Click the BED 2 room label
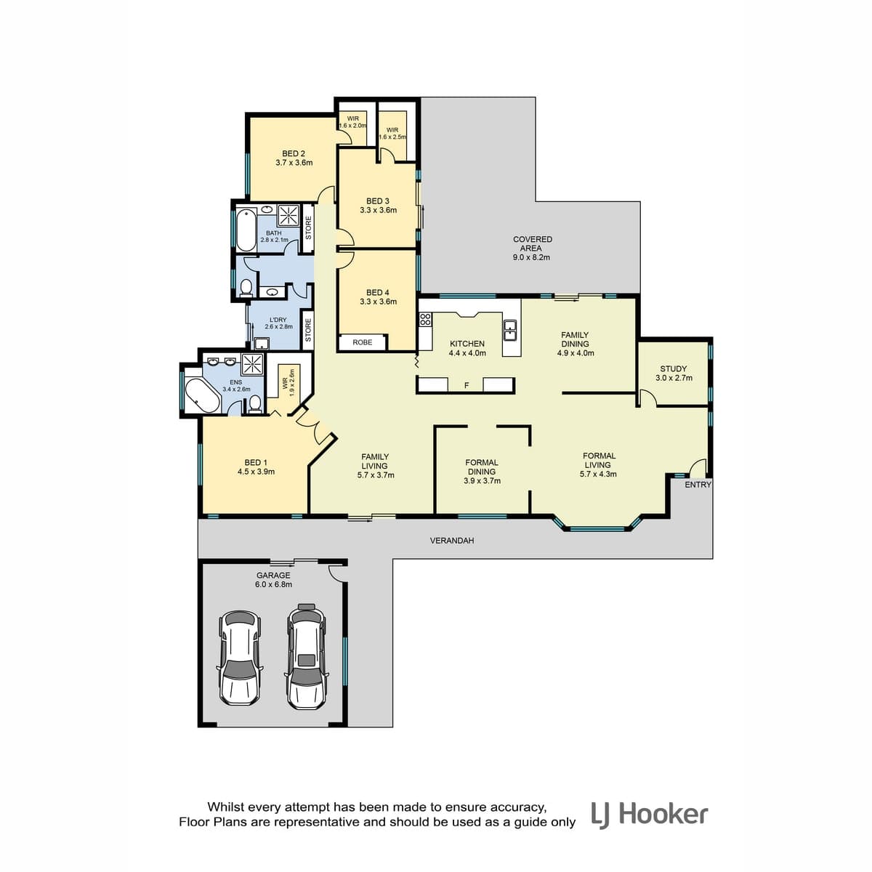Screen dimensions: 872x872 point(294,154)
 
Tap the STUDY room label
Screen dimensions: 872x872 point(674,369)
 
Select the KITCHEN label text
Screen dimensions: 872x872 point(467,344)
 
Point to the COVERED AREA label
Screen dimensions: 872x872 point(532,243)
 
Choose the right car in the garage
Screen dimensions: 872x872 point(307,657)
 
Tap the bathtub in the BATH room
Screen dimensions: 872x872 point(246,230)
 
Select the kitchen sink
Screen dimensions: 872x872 point(511,329)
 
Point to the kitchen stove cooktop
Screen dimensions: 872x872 point(425,320)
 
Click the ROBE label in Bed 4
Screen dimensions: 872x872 point(363,342)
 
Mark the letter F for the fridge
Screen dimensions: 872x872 point(467,386)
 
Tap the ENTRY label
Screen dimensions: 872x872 point(698,485)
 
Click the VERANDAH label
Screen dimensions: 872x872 point(451,541)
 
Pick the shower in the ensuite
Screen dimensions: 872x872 point(252,364)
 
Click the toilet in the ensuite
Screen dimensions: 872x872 point(255,403)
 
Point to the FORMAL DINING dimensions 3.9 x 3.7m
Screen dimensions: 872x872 point(482,481)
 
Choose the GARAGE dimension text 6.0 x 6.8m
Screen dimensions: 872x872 point(273,584)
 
